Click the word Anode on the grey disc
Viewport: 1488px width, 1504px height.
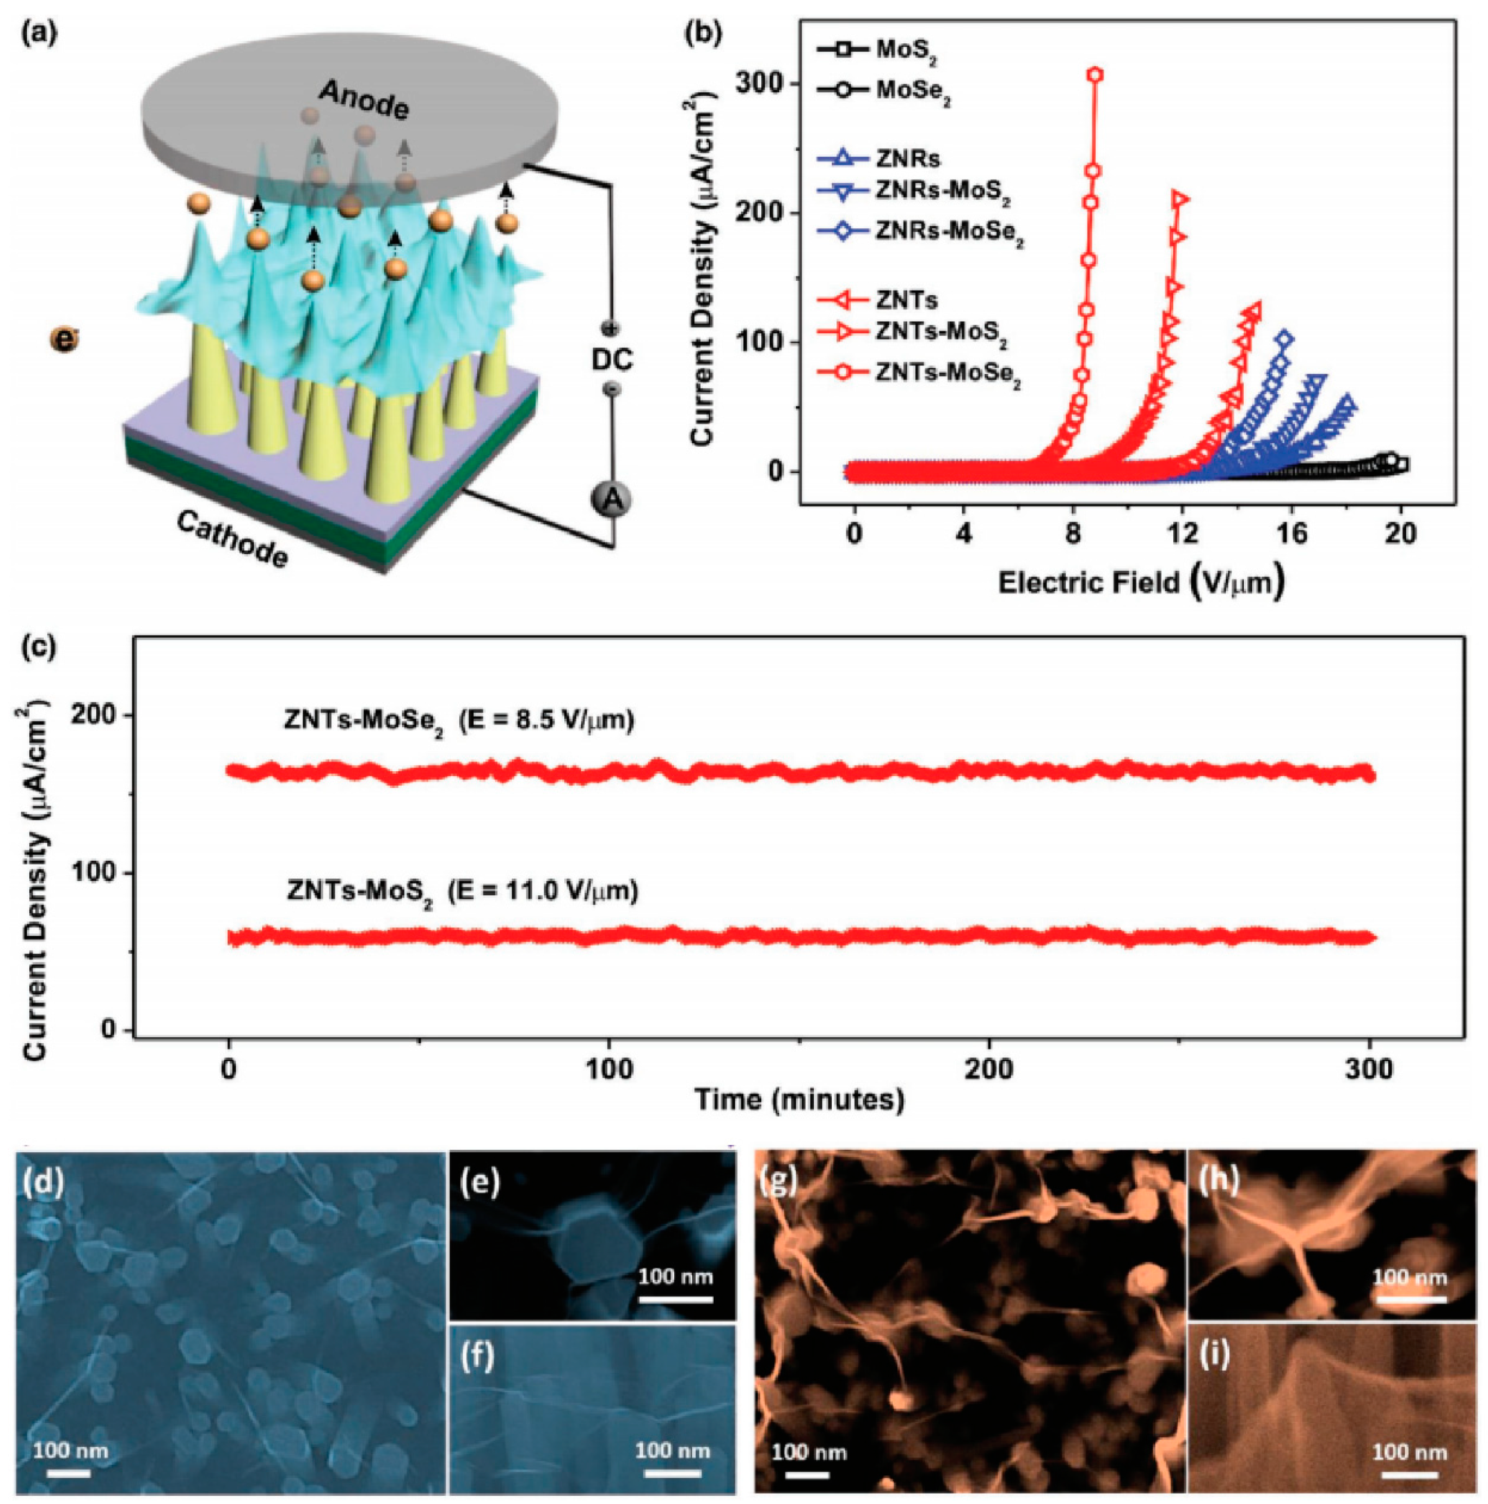[x=363, y=101]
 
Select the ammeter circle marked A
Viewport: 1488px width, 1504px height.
[x=612, y=500]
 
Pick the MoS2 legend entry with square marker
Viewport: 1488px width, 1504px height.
[x=903, y=49]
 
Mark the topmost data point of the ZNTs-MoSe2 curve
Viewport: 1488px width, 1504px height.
[x=1096, y=74]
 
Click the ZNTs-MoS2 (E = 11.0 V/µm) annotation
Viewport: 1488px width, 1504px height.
[x=462, y=890]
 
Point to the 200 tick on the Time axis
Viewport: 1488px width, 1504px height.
[x=989, y=1069]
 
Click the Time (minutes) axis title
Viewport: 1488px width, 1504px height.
[x=799, y=1101]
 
